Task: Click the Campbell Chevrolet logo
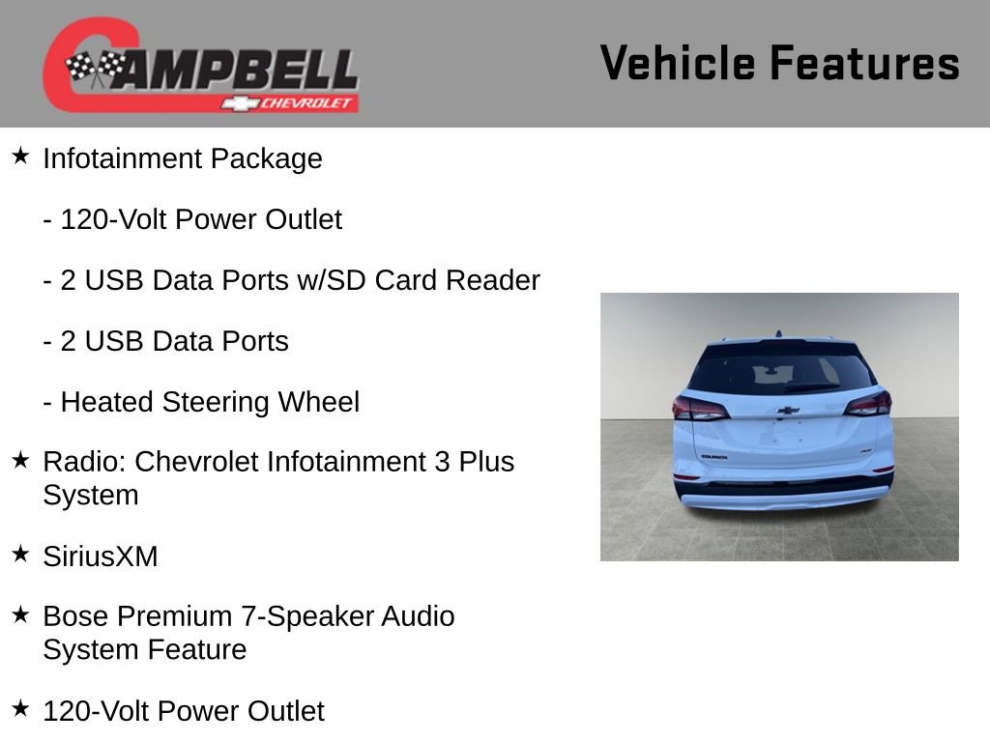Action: coord(200,65)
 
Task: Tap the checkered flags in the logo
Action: coord(96,69)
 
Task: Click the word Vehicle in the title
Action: coord(678,64)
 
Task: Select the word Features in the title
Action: coord(864,64)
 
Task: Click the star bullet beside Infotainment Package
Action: coord(20,156)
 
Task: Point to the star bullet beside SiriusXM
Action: coord(20,554)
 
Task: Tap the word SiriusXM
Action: coord(100,556)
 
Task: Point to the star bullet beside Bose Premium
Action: coord(20,614)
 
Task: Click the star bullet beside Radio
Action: coord(20,460)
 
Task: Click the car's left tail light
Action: coord(699,408)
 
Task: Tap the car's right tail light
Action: coord(867,403)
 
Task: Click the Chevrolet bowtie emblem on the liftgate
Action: coord(788,411)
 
